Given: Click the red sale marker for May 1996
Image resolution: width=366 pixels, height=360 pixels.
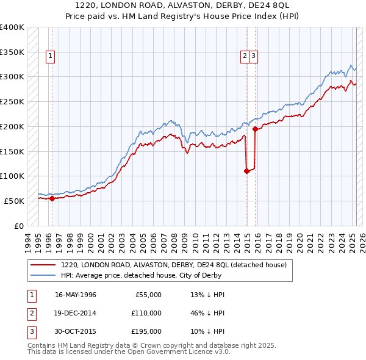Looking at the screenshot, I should pos(52,198).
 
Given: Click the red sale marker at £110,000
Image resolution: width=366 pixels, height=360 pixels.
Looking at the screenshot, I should pos(246,171).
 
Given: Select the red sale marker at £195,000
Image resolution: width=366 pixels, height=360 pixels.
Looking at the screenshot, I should pos(255,129).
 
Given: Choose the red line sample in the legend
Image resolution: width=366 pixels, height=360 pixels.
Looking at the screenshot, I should pos(43,265).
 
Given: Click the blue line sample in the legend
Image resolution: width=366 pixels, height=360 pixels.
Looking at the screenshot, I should pos(43,275).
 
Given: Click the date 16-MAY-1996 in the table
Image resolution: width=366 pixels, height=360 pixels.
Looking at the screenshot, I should pos(76,295).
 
